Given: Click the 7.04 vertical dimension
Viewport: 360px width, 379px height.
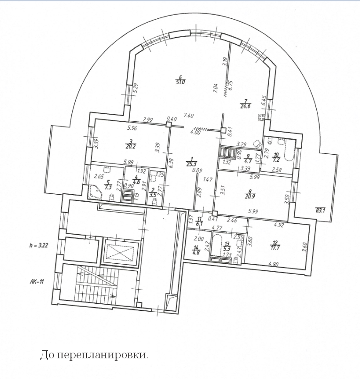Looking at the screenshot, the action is click(x=215, y=87).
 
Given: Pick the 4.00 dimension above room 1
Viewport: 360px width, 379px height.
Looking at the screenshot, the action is click(x=195, y=132).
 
